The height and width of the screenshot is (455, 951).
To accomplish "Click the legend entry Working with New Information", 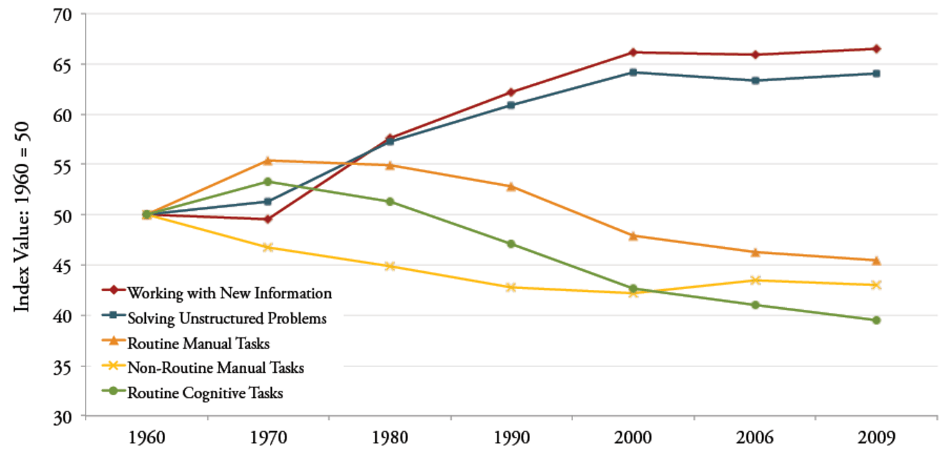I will (229, 294).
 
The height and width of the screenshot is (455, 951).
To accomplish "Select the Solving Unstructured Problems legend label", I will (227, 318).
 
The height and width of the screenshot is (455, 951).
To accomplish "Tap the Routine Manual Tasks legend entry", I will (198, 343).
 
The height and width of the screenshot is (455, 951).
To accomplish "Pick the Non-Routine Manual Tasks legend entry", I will (215, 368).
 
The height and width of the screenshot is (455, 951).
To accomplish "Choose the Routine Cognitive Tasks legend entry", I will (205, 393).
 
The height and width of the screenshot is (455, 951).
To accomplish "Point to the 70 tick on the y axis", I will (66, 14).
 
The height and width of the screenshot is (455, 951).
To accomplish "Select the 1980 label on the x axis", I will (389, 438).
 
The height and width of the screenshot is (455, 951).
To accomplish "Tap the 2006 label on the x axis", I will (755, 438).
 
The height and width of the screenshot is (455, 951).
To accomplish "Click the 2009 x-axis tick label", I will (876, 438).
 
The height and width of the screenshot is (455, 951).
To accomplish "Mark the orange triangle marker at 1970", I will (267, 161).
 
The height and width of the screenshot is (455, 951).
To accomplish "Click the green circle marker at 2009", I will (876, 320).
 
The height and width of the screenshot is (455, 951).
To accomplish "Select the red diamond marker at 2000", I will (633, 52).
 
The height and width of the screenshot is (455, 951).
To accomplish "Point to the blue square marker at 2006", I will (755, 80).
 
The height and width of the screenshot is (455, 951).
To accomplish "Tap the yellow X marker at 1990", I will (511, 287).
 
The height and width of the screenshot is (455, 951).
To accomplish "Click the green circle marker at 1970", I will (267, 182).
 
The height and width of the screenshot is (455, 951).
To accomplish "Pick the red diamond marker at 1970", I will (267, 219).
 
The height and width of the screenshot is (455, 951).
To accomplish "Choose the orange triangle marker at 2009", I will (876, 260).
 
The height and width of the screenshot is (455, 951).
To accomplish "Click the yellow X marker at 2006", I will (755, 280).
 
